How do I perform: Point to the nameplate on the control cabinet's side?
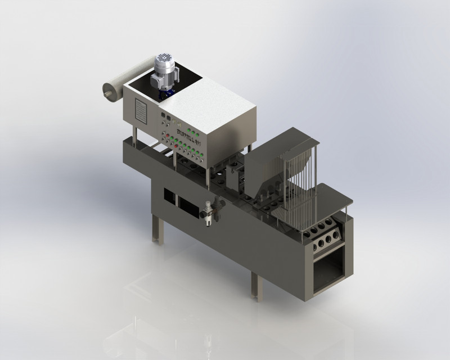(x=141, y=112)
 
